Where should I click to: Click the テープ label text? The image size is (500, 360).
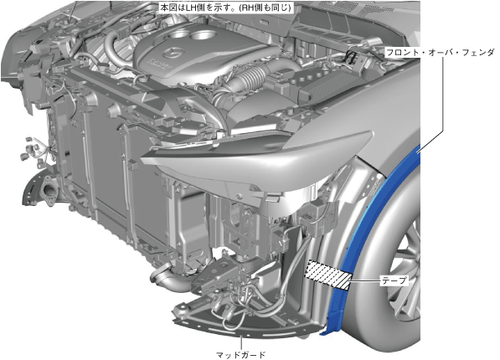pyautogui.click(x=394, y=280)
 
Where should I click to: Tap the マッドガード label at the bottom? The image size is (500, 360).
pyautogui.click(x=240, y=355)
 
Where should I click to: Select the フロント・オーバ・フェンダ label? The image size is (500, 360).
pyautogui.click(x=440, y=52)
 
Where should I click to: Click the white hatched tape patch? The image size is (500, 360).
pyautogui.click(x=328, y=275)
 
